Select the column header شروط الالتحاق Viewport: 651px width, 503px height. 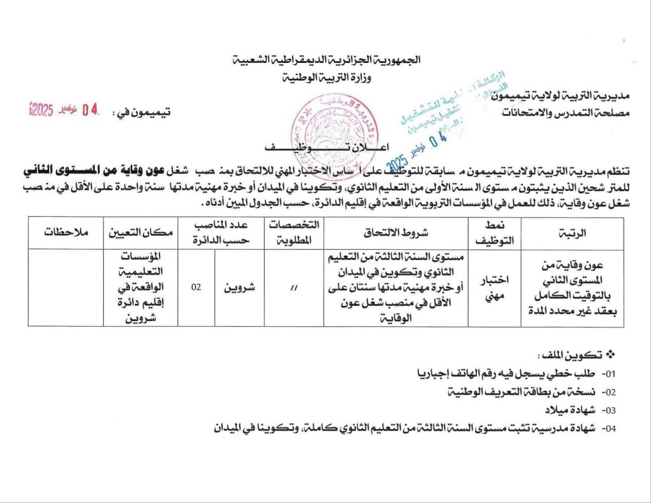[395, 233]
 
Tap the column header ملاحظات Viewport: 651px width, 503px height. [66, 233]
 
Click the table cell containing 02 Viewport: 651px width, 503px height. [196, 287]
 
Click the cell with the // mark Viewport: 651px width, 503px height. [293, 287]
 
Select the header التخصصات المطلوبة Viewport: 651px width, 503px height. [293, 233]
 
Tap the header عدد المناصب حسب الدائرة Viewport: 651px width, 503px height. [221, 233]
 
